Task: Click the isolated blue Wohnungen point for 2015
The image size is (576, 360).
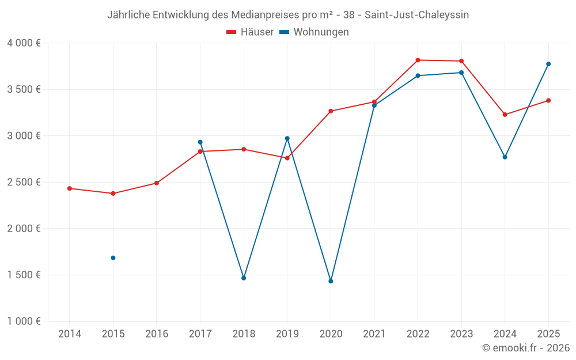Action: (113, 257)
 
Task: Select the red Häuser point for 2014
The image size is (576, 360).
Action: (70, 188)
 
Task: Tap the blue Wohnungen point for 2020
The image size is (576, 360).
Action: (331, 281)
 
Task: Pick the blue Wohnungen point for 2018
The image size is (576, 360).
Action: (244, 278)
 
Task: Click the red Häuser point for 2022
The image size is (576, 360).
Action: (418, 60)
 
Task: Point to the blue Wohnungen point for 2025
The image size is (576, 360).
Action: (548, 64)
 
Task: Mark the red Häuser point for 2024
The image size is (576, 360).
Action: (505, 115)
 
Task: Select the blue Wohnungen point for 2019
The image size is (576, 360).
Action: (287, 138)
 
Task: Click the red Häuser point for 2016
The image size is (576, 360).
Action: (157, 183)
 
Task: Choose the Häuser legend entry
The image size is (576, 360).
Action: (251, 32)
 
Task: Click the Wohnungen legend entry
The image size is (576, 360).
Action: (314, 32)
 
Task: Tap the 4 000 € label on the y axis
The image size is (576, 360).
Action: (24, 43)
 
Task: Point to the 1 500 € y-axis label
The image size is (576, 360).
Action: (24, 275)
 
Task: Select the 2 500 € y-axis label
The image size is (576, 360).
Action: (24, 182)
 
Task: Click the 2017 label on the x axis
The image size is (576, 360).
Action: (200, 334)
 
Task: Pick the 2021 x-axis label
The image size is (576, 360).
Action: (374, 334)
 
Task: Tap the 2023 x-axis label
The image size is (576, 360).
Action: (461, 334)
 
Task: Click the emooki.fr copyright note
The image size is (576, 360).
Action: (526, 348)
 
